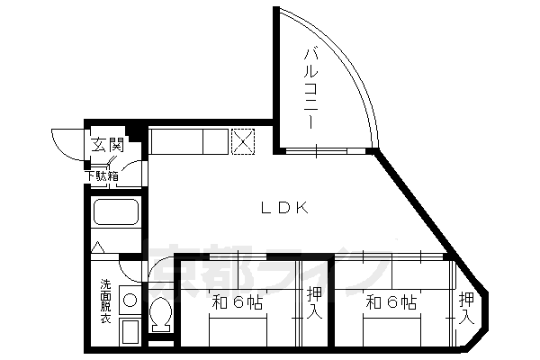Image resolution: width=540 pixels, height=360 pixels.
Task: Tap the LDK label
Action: pos(286,208)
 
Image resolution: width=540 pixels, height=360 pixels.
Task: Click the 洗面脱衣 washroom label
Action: pos(105,302)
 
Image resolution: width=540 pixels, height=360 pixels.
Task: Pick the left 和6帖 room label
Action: pos(238,302)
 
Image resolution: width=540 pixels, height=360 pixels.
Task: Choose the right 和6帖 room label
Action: pos(391,302)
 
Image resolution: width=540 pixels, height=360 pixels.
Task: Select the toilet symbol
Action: pos(162,315)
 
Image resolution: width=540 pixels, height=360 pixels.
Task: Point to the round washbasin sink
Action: pos(130,301)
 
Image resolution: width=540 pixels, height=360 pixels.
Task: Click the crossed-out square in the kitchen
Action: pos(243,141)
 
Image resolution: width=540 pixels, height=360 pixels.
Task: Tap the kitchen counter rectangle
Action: pos(188,141)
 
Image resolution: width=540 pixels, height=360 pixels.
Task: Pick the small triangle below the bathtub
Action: pos(99,246)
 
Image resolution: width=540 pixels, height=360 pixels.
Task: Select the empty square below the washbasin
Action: pos(130,330)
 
